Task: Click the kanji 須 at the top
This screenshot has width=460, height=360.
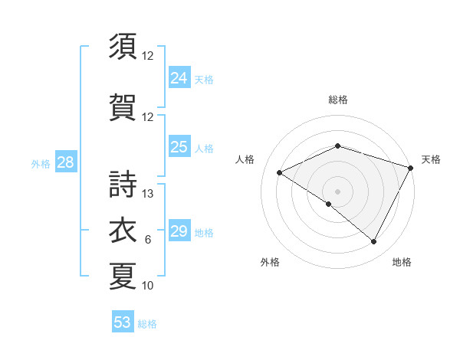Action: (123, 47)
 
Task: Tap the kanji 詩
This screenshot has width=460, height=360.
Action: (123, 185)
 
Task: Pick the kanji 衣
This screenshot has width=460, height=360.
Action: (123, 231)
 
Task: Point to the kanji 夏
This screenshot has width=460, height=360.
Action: (123, 277)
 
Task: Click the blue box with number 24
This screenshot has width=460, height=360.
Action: (179, 77)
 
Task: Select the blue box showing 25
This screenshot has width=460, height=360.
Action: (179, 147)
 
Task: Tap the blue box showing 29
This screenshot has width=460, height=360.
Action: (179, 231)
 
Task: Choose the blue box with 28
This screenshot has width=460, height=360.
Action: (64, 162)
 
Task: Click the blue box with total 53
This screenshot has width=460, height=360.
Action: (123, 322)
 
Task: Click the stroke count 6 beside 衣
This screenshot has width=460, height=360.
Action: (148, 240)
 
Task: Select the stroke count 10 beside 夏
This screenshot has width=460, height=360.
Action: (148, 286)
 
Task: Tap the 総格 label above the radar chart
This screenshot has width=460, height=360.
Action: (337, 100)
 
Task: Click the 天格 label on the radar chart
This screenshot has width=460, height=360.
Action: (431, 159)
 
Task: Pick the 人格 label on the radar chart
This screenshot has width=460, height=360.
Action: (245, 159)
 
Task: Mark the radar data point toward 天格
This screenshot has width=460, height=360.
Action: (411, 168)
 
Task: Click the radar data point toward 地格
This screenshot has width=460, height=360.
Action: (374, 242)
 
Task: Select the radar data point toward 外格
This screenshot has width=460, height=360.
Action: (329, 204)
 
